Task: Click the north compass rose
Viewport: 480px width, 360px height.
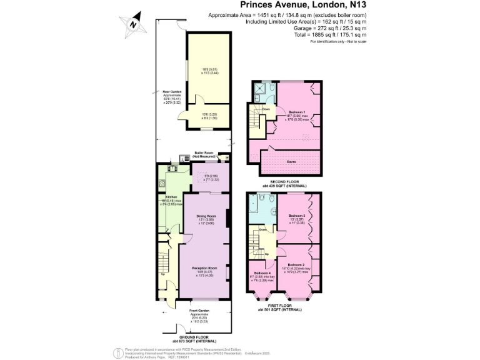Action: (133, 24)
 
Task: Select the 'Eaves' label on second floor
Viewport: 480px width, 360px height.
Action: (291, 161)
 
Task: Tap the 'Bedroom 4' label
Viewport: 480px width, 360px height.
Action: (261, 273)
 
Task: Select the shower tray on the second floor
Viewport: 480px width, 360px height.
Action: (256, 89)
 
